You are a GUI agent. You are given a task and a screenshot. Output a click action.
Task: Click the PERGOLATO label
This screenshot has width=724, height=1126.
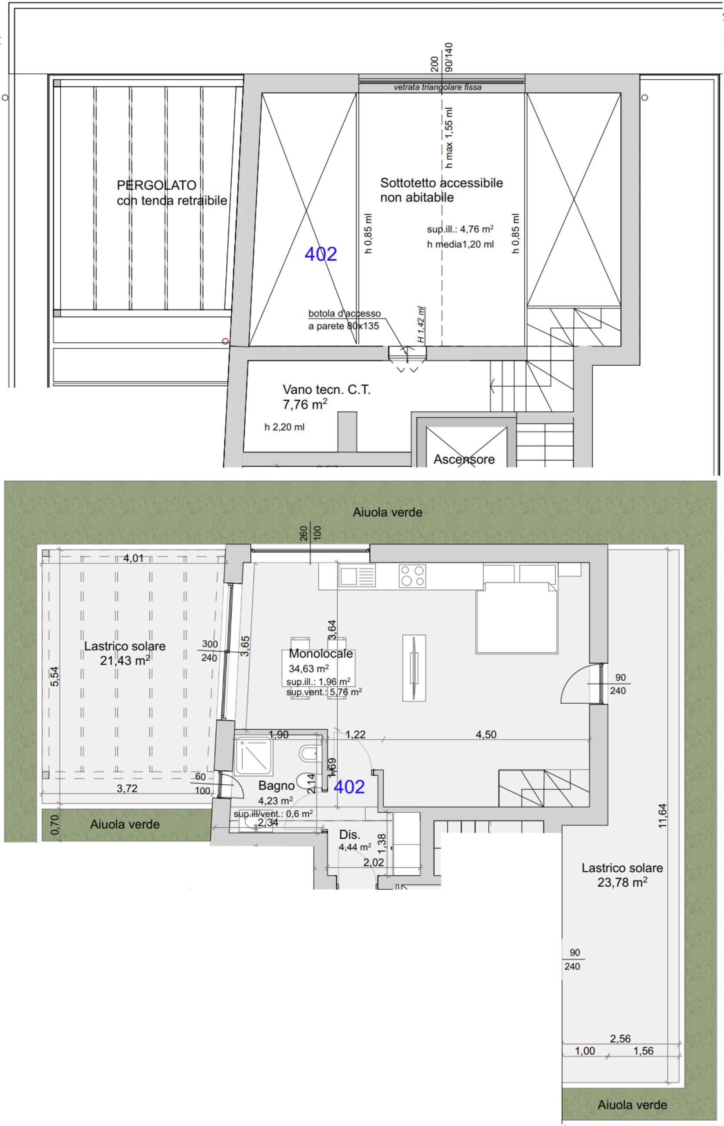coord(156,185)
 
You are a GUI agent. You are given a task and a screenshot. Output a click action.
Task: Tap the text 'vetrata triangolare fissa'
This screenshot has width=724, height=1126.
coord(438,87)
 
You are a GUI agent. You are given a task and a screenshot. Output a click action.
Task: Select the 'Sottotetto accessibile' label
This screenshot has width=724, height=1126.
coord(441,183)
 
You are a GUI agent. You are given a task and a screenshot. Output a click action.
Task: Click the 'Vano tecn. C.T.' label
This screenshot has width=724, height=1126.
coord(326,389)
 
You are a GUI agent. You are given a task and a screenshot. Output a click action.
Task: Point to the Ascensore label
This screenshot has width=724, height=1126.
coord(464,459)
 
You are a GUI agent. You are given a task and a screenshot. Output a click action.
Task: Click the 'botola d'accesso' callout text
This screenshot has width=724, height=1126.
coord(345,313)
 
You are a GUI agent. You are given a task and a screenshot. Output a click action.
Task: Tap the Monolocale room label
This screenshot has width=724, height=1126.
coord(320,653)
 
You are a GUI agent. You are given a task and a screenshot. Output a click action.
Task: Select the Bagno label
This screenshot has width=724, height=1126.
coord(277,786)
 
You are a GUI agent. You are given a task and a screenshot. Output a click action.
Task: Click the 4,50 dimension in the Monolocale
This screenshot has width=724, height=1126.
coord(486,734)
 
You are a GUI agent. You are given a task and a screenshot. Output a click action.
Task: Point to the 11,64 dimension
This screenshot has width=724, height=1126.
coord(662,815)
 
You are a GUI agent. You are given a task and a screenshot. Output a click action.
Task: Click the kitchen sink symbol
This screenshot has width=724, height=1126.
coord(357,576)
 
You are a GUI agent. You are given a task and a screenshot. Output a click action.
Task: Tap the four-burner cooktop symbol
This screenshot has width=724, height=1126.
coord(412,576)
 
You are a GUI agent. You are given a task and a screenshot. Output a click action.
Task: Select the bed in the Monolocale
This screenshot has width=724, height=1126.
coord(517,618)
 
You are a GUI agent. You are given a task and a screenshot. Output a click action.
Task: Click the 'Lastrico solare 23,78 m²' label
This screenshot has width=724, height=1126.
coord(622,875)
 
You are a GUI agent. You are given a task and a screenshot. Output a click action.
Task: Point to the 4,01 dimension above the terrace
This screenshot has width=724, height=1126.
coord(134,558)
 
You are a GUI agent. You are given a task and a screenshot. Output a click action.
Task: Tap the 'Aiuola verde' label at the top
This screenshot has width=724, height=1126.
coord(387,512)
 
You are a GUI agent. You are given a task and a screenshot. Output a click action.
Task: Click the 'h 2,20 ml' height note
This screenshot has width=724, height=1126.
coord(284,427)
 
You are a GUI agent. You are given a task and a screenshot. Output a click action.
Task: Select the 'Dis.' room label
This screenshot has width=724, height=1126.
coord(350,834)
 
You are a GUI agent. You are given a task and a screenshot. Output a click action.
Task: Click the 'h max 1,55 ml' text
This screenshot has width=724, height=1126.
coord(449,137)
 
